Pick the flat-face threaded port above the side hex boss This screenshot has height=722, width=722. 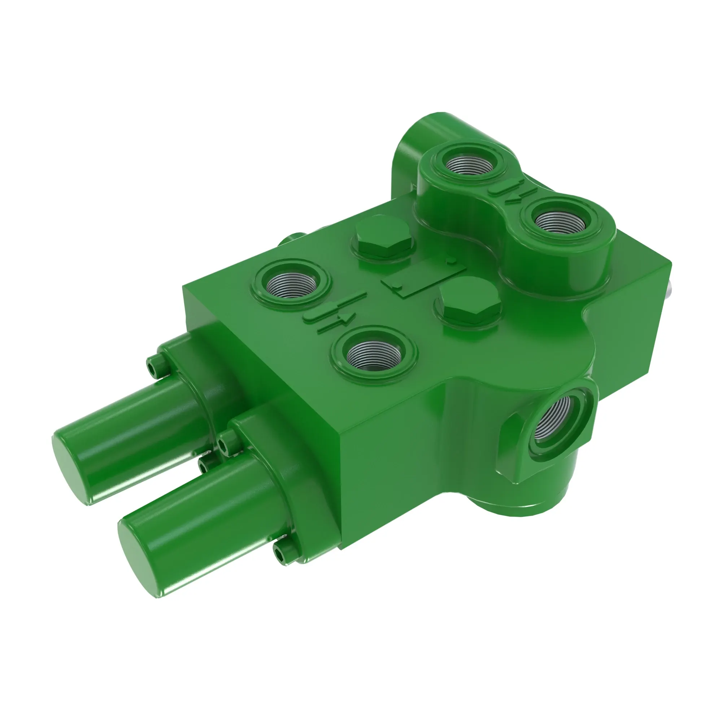coord(374,353)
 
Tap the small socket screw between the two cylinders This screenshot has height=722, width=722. coord(205,466)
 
